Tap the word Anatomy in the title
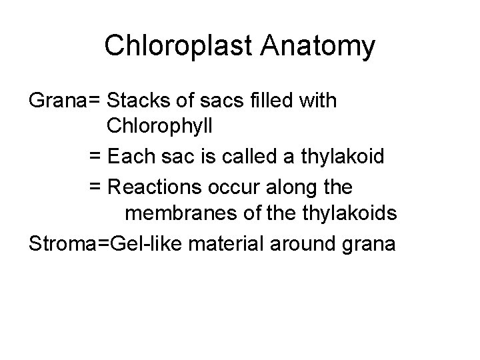coord(318,46)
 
